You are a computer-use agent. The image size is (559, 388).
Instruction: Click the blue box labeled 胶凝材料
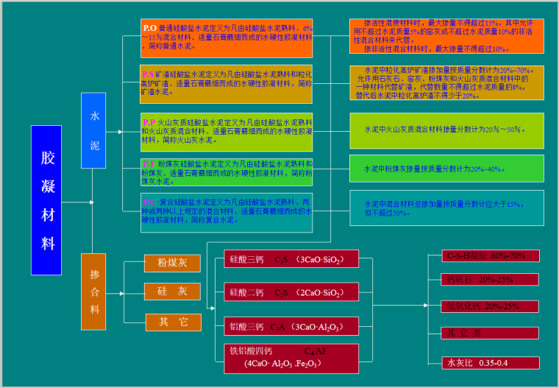click(x=46, y=200)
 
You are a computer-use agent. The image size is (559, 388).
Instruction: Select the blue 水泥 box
click(x=95, y=130)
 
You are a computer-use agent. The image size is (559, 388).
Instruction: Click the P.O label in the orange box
click(x=149, y=27)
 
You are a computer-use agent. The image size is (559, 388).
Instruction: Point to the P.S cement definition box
click(x=227, y=82)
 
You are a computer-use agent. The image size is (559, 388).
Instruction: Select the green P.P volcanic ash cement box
click(x=227, y=130)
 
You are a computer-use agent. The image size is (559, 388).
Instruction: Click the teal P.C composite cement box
click(x=227, y=211)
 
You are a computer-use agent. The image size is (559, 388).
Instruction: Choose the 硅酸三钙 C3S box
click(x=291, y=260)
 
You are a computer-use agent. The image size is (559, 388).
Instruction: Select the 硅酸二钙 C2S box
click(x=291, y=293)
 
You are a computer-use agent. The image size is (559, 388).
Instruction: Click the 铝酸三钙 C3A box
click(x=291, y=326)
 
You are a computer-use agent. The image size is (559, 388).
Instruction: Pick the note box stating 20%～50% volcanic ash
click(x=446, y=129)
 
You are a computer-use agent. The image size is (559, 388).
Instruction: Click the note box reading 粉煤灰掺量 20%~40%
click(x=446, y=169)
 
